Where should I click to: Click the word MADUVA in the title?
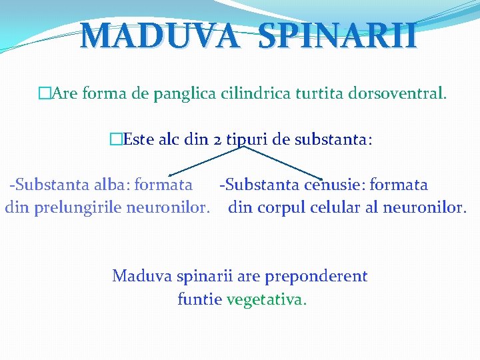point(158,37)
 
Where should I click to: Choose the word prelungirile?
point(75,207)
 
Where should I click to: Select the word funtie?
point(199,299)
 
